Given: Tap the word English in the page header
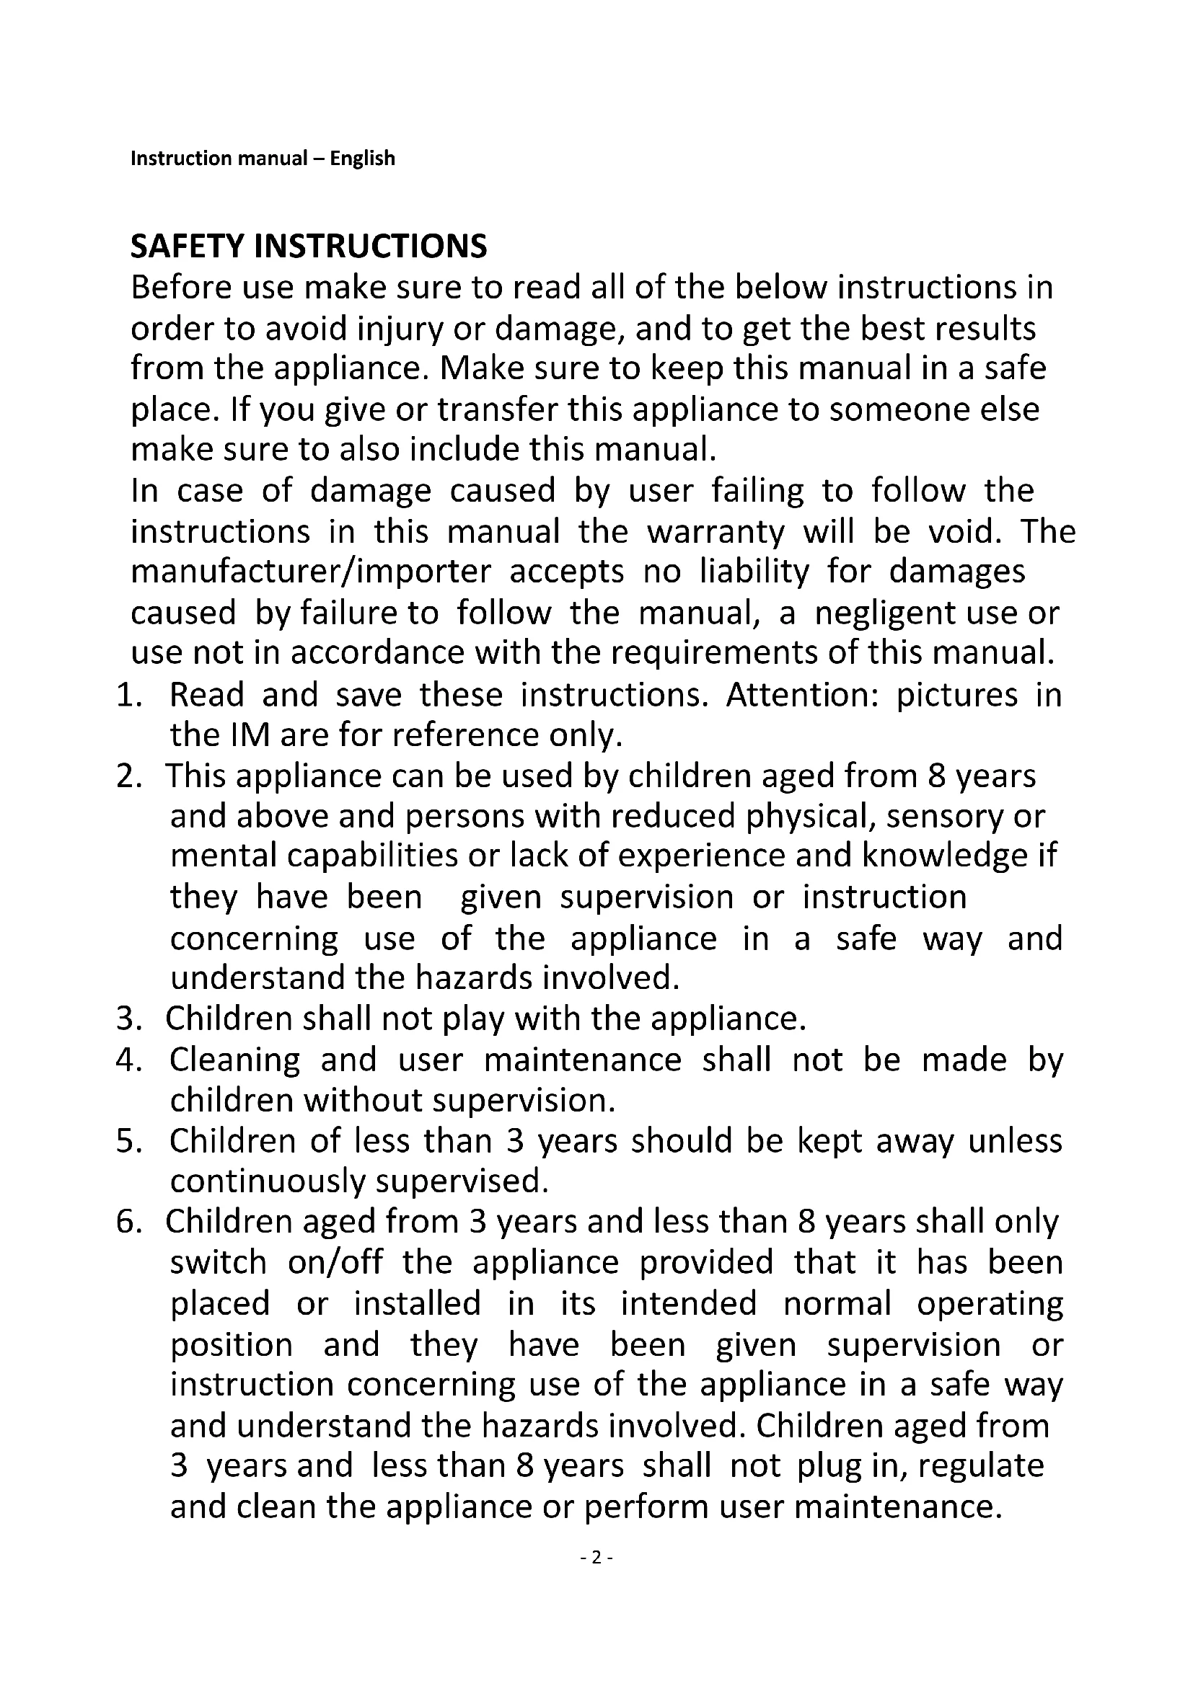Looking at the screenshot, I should pyautogui.click(x=362, y=159).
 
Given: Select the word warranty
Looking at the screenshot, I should pyautogui.click(x=716, y=532).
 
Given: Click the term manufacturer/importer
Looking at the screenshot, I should pyautogui.click(x=311, y=572).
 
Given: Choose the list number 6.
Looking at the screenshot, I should pyautogui.click(x=128, y=1223).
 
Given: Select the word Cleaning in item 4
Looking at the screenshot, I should pyautogui.click(x=235, y=1060).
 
